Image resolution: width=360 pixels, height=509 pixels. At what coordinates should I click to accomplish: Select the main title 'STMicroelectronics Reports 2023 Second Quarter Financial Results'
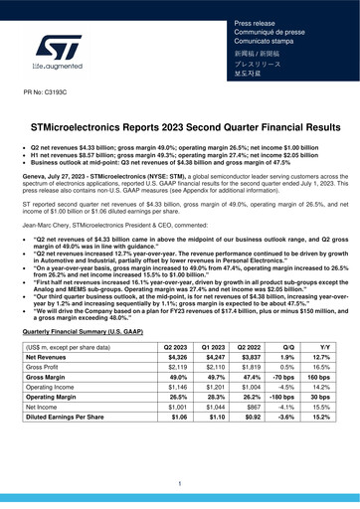tap(179, 129)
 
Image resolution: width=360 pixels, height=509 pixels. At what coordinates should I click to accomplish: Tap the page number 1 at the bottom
tap(179, 482)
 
